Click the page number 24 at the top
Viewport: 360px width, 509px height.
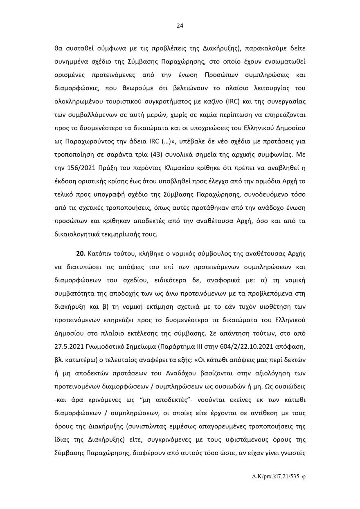180,26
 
